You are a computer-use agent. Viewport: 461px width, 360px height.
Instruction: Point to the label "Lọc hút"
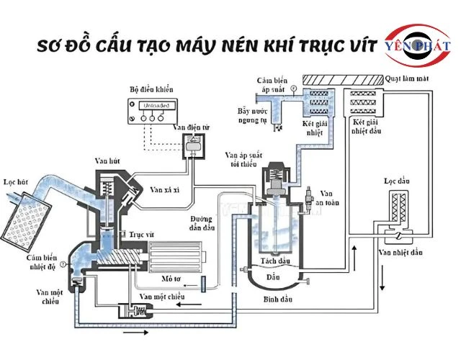[17, 183]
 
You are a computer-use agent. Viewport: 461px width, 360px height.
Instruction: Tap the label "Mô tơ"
[161, 276]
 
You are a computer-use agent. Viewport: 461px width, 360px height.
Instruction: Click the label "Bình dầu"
[272, 297]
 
